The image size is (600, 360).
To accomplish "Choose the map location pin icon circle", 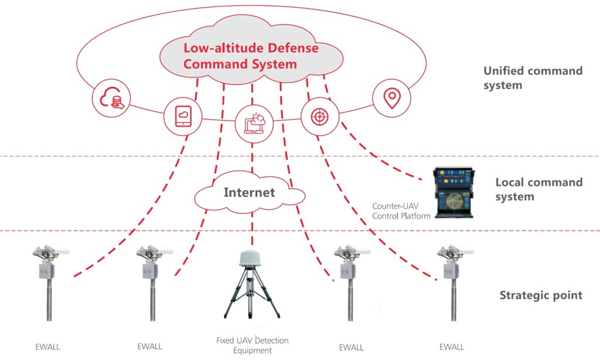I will tap(391, 98).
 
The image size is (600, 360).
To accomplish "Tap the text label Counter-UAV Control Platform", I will tap(401, 211).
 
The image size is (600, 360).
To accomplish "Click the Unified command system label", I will tap(533, 78).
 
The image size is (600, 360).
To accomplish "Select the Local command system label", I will tap(538, 189).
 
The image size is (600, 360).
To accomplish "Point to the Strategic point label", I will tap(540, 295).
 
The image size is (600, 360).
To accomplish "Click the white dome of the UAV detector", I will tap(253, 261).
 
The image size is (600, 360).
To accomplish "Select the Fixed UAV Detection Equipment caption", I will tap(253, 345).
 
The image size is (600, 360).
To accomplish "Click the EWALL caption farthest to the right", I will tap(452, 347).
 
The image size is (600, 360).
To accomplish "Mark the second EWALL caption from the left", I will tap(149, 347).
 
